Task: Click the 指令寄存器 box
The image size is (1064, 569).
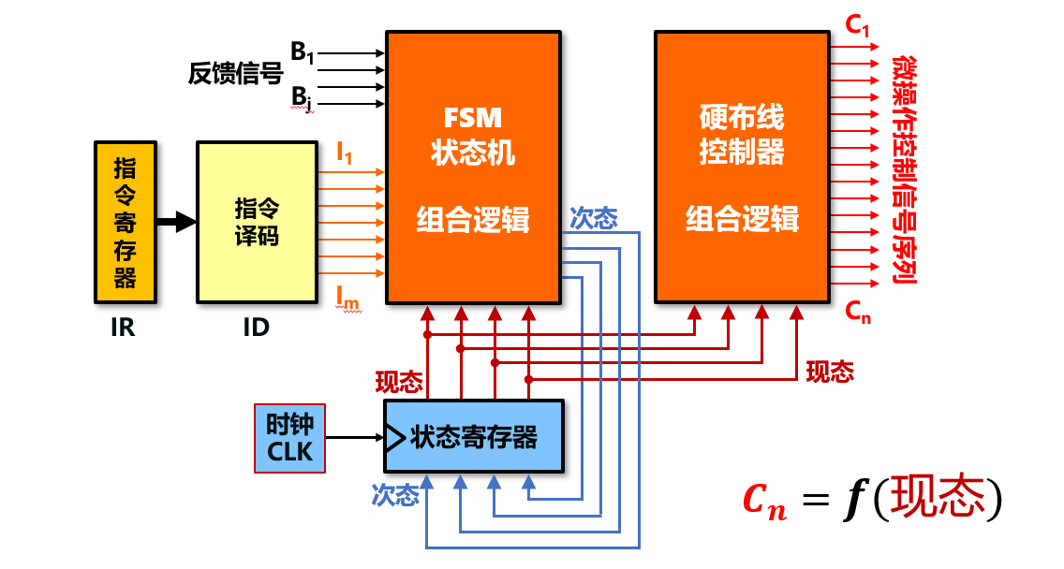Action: [x=125, y=222]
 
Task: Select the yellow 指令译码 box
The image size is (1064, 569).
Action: [x=256, y=223]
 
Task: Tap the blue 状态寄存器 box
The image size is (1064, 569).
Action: [x=474, y=436]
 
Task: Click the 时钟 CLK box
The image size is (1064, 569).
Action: [x=289, y=438]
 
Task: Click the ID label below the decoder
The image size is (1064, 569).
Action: [x=255, y=328]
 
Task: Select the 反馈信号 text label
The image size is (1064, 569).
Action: [x=235, y=75]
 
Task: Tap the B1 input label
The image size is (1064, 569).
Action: [x=302, y=52]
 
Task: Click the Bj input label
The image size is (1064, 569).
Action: [x=302, y=96]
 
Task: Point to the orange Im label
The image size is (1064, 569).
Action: [x=347, y=297]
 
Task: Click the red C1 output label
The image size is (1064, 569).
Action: [x=857, y=26]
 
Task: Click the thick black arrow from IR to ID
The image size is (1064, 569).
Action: [x=176, y=223]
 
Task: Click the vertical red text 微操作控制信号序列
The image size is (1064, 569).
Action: [x=903, y=168]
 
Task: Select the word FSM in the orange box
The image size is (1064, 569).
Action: [x=473, y=118]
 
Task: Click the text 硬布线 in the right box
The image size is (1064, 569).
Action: [x=742, y=118]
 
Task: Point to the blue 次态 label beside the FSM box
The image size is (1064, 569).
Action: [x=593, y=219]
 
